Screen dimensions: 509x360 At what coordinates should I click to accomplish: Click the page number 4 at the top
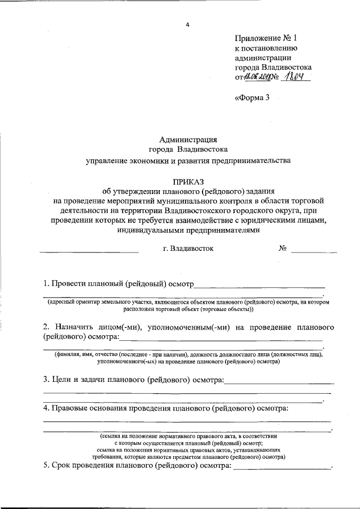click(x=188, y=24)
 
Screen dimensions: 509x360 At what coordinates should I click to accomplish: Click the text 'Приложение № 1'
click(x=265, y=38)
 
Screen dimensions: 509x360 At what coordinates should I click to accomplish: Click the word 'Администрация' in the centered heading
click(x=187, y=139)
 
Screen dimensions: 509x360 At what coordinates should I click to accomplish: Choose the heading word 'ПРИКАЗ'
click(x=188, y=181)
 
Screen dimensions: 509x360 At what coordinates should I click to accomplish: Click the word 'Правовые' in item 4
click(x=72, y=407)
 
